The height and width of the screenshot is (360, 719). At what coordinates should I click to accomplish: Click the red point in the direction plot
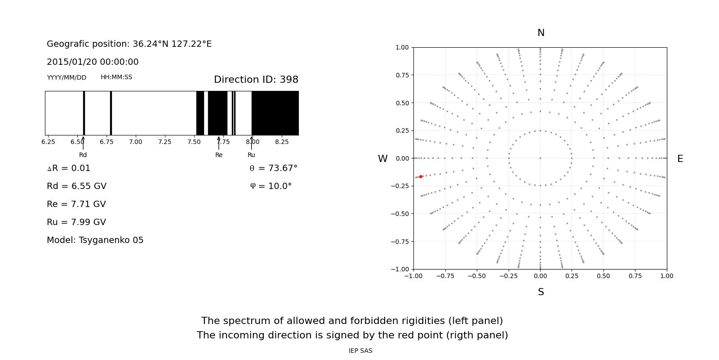pyautogui.click(x=421, y=177)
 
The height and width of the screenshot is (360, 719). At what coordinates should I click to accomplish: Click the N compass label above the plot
pyautogui.click(x=541, y=33)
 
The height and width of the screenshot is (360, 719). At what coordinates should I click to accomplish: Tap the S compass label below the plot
pyautogui.click(x=541, y=292)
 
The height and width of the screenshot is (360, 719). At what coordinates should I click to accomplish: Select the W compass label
pyautogui.click(x=382, y=159)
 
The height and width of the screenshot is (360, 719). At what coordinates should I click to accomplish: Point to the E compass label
pyautogui.click(x=680, y=159)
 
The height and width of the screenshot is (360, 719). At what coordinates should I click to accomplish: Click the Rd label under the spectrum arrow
pyautogui.click(x=83, y=155)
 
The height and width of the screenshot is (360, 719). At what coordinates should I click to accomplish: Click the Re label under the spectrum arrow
pyautogui.click(x=219, y=155)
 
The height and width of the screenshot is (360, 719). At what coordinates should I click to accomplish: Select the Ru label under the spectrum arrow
pyautogui.click(x=251, y=155)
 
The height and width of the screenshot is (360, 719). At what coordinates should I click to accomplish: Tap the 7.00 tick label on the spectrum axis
pyautogui.click(x=136, y=142)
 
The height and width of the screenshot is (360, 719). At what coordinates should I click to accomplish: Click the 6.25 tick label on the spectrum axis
pyautogui.click(x=48, y=142)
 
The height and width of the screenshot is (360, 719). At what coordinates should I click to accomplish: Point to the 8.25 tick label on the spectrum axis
pyautogui.click(x=282, y=142)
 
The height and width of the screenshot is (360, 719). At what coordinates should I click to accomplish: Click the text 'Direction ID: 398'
pyautogui.click(x=256, y=80)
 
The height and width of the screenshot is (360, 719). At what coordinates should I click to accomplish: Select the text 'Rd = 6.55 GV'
pyautogui.click(x=76, y=186)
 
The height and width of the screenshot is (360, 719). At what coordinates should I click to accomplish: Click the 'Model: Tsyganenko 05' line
pyautogui.click(x=95, y=240)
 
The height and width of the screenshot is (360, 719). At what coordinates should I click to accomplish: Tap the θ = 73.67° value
pyautogui.click(x=273, y=168)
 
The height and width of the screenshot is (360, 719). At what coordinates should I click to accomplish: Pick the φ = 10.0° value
pyautogui.click(x=271, y=186)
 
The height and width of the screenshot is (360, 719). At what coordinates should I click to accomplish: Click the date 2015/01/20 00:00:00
pyautogui.click(x=93, y=62)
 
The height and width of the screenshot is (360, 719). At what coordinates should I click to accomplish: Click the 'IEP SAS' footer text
pyautogui.click(x=360, y=351)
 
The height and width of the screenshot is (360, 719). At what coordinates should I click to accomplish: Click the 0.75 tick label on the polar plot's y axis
pyautogui.click(x=402, y=75)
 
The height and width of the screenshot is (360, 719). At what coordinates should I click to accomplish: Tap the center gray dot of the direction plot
pyautogui.click(x=540, y=158)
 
